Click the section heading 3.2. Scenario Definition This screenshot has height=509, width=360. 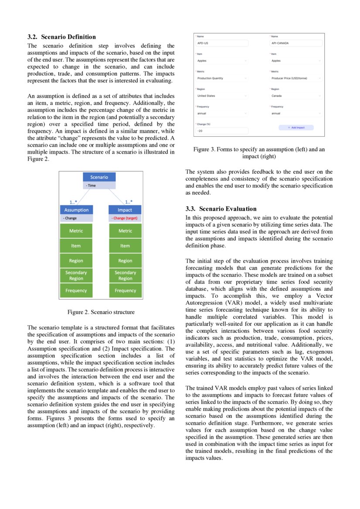(61, 37)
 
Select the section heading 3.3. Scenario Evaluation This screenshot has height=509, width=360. (221, 209)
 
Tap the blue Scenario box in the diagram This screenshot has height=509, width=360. (99, 177)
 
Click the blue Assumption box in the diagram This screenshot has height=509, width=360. (76, 210)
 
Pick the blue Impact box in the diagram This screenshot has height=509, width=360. (125, 210)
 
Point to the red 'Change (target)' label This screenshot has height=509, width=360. (125, 218)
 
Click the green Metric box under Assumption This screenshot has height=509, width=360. (76, 231)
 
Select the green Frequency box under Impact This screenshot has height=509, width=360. (125, 290)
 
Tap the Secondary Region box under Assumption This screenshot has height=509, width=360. (76, 276)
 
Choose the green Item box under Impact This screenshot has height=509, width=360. (125, 246)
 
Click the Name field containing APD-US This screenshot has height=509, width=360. (221, 44)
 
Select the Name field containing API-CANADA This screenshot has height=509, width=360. (295, 44)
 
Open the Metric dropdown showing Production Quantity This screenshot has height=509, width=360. (221, 78)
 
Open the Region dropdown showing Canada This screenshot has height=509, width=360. (295, 96)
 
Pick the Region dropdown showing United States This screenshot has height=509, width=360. (221, 96)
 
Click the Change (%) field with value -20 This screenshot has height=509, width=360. (221, 131)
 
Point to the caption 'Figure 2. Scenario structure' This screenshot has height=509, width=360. (101, 312)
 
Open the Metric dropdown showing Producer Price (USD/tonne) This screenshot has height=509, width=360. (295, 78)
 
